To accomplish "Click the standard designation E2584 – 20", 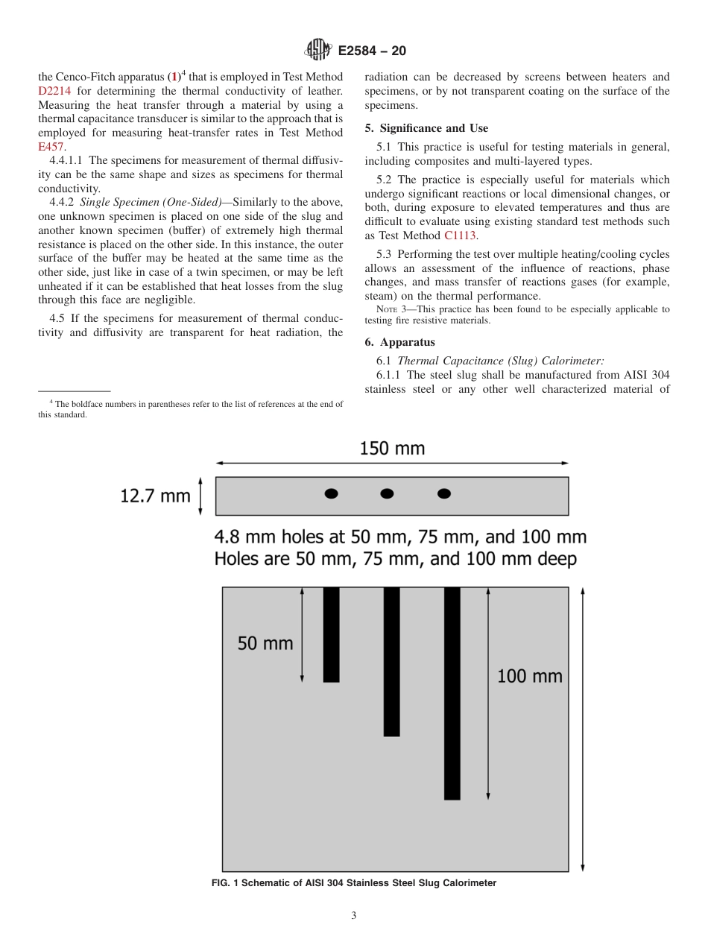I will click(x=372, y=51).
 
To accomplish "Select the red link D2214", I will click(x=54, y=91).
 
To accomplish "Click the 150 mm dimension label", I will click(x=392, y=449).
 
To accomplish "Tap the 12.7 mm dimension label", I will click(x=155, y=496).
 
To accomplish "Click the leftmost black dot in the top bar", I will click(x=331, y=493).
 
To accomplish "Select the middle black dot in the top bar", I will click(x=387, y=493).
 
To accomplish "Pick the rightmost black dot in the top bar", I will click(x=443, y=493).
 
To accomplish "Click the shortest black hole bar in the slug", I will click(x=331, y=634).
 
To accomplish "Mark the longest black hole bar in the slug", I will click(x=452, y=693).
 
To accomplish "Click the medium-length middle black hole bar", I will click(x=391, y=662).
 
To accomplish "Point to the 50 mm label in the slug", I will click(x=265, y=642).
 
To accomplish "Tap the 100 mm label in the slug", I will click(x=529, y=676).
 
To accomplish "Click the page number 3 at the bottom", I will click(x=353, y=916).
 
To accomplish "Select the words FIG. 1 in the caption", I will click(x=227, y=883).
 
